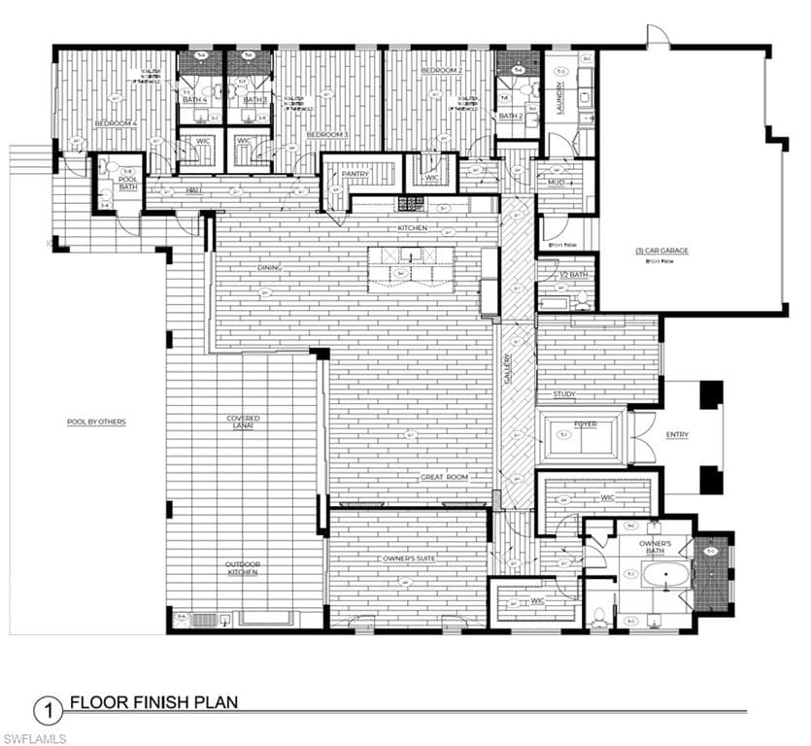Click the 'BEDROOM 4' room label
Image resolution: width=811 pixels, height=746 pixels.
[x=116, y=123]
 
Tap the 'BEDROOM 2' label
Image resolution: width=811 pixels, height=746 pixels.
[x=440, y=71]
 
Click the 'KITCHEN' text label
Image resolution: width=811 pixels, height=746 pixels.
[x=413, y=228]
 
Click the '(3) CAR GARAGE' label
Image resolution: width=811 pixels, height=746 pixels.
[x=661, y=251]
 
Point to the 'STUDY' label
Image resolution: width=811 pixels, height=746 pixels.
[x=564, y=394]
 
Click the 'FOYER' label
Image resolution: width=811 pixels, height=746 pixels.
[x=585, y=424]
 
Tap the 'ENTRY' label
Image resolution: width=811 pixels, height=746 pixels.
[x=677, y=434]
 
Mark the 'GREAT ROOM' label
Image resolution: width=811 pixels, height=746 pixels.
[x=444, y=477]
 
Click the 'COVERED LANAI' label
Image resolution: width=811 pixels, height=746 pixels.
[x=243, y=423]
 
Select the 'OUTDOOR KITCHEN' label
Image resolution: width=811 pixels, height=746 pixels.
[x=242, y=568]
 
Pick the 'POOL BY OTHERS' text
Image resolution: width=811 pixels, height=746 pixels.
[x=96, y=422]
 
